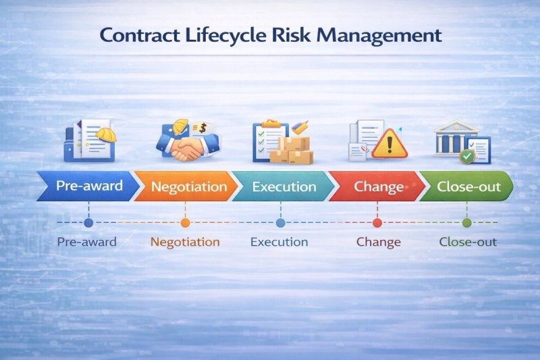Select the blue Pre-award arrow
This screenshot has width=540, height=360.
point(88,186)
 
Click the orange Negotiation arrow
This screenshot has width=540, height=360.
point(186,186)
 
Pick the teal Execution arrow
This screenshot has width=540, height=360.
point(283,186)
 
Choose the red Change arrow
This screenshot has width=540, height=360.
point(377,186)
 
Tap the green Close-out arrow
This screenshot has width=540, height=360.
point(466,186)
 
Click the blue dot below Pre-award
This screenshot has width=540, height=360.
point(88,222)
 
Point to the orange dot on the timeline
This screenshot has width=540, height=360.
point(185,222)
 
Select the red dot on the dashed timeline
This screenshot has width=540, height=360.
point(377,222)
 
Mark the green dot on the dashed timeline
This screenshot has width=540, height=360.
point(466,222)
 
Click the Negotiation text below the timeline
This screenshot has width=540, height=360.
point(185,242)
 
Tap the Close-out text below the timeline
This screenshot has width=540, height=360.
point(468,242)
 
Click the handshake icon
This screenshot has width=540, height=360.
point(188,147)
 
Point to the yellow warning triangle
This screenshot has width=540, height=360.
point(389,144)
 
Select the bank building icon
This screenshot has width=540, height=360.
point(456,138)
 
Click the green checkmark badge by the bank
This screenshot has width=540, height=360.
point(467,157)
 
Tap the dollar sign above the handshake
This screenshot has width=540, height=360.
point(202,128)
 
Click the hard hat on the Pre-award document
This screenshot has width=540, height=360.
point(106,134)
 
